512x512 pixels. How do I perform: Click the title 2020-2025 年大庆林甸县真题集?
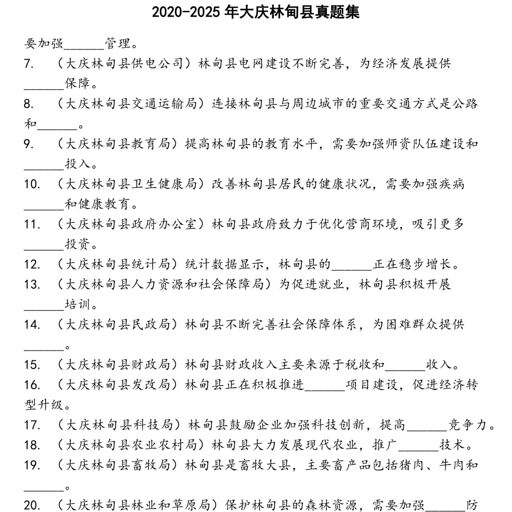pos(256,12)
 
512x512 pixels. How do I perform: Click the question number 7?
pos(28,64)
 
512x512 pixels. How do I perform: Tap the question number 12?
pos(32,264)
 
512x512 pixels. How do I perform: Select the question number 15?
pos(32,365)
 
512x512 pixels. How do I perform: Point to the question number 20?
pos(32,505)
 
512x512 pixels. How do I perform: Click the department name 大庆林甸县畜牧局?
pos(118,465)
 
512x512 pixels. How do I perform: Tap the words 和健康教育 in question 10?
pos(101,204)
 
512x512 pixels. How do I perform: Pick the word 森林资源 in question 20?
pos(338,505)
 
